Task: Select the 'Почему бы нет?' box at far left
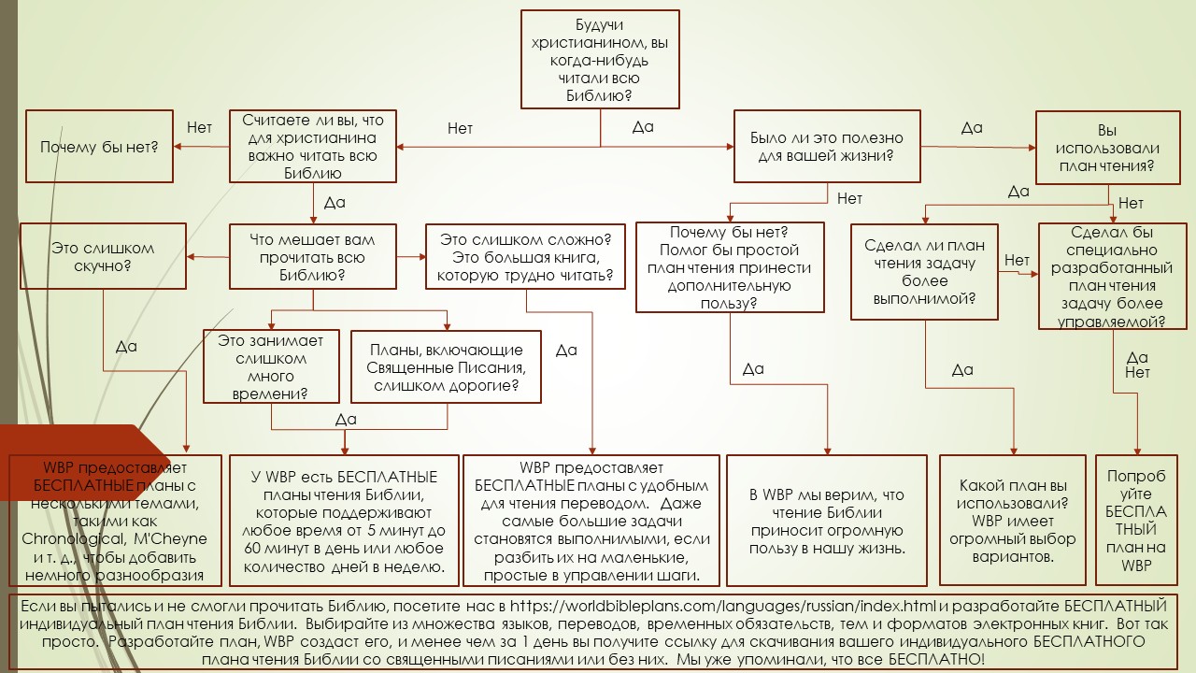pos(99,147)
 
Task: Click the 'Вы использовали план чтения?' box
pos(1107,149)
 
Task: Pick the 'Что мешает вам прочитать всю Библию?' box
pos(313,257)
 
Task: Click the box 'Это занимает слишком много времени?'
pos(270,366)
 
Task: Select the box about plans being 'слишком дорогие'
pos(446,366)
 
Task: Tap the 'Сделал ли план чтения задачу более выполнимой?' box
pos(924,271)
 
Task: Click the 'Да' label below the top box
pos(643,127)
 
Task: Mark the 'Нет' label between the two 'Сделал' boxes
pos(1017,260)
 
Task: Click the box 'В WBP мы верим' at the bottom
pos(827,520)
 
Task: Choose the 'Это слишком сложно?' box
pos(526,257)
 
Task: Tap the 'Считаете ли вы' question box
pos(313,147)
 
